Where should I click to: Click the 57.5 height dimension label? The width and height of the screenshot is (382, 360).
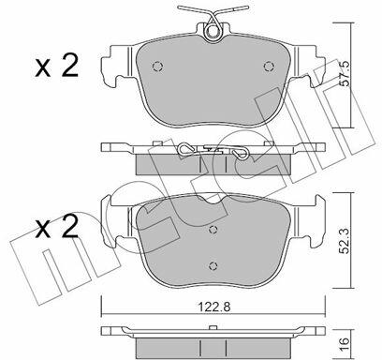345,74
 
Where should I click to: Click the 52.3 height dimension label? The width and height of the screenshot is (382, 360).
345,240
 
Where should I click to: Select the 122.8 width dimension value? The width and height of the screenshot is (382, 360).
214,307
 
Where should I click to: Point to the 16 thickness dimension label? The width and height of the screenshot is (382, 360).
345,341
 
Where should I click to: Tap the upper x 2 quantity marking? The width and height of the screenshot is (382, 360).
56,66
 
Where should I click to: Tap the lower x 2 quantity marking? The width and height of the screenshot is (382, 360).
56,227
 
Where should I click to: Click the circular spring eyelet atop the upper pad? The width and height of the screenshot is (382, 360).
213,31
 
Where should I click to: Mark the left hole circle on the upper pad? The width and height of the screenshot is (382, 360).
157,66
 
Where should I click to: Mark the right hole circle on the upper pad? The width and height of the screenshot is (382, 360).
269,66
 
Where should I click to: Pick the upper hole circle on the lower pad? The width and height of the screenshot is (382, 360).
213,230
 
